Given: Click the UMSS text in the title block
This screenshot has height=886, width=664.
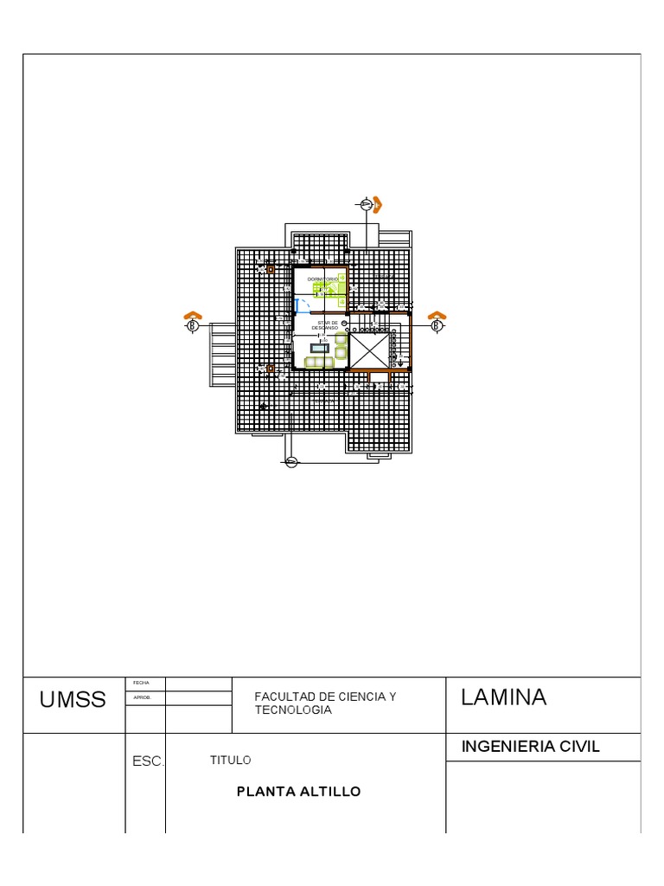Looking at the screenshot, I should pyautogui.click(x=73, y=700).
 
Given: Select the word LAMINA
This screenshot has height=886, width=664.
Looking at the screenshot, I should pyautogui.click(x=503, y=697).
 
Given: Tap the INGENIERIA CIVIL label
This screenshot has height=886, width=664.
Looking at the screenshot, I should pyautogui.click(x=531, y=747).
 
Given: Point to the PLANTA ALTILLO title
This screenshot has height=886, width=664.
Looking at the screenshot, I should pyautogui.click(x=298, y=791).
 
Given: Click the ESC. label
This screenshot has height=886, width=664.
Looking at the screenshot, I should pyautogui.click(x=147, y=762).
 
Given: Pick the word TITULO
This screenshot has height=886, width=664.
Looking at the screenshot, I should pyautogui.click(x=230, y=760).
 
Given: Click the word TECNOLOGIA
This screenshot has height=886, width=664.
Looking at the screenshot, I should pyautogui.click(x=293, y=709).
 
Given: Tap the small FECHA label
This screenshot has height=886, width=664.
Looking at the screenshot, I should pyautogui.click(x=141, y=684).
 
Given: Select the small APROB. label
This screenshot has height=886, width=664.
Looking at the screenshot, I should pyautogui.click(x=143, y=697).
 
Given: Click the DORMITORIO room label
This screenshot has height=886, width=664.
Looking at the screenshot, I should pyautogui.click(x=323, y=279).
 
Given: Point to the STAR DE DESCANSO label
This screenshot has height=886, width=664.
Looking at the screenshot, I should pyautogui.click(x=325, y=325).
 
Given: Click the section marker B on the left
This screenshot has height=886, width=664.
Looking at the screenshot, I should pyautogui.click(x=194, y=325).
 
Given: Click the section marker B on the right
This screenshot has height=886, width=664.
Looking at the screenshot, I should pyautogui.click(x=437, y=325).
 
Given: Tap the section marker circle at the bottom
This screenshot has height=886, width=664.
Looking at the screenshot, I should pyautogui.click(x=291, y=462).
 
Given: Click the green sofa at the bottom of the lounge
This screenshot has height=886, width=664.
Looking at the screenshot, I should pyautogui.click(x=317, y=362).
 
